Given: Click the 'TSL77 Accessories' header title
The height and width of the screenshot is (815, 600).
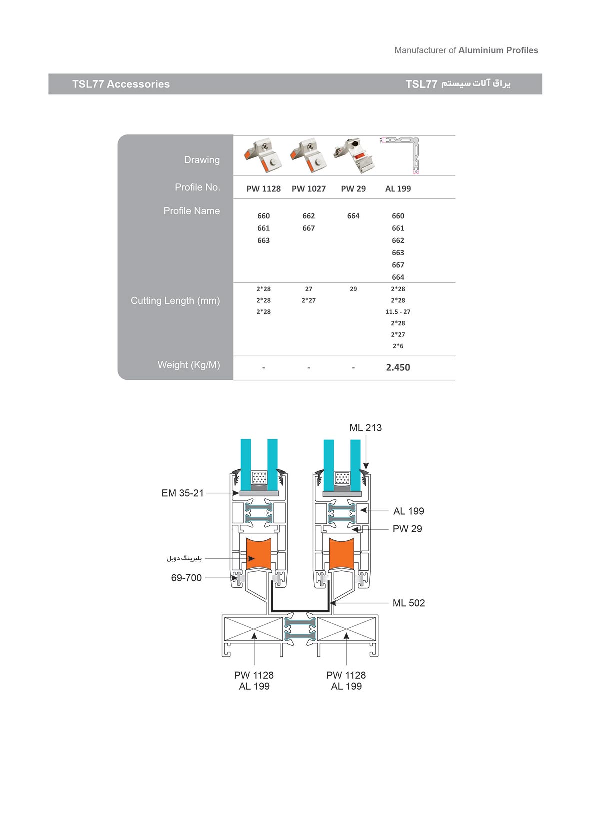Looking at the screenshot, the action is coord(121,84).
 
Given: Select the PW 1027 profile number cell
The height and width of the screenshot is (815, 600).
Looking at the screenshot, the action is coord(309,189).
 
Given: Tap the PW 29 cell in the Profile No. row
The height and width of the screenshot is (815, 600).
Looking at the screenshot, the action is coord(353,189).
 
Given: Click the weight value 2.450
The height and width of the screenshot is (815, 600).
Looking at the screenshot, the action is coord(398,367).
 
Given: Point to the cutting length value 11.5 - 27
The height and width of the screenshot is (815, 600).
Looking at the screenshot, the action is coord(398,312).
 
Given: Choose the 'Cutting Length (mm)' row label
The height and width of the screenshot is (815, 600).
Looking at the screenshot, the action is coord(175,301).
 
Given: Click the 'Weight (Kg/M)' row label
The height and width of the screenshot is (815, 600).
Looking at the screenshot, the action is coord(189,365).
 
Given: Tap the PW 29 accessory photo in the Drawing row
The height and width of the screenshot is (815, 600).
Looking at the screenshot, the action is coord(354,155).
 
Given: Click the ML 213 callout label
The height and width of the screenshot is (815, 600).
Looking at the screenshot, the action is coord(365,428).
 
